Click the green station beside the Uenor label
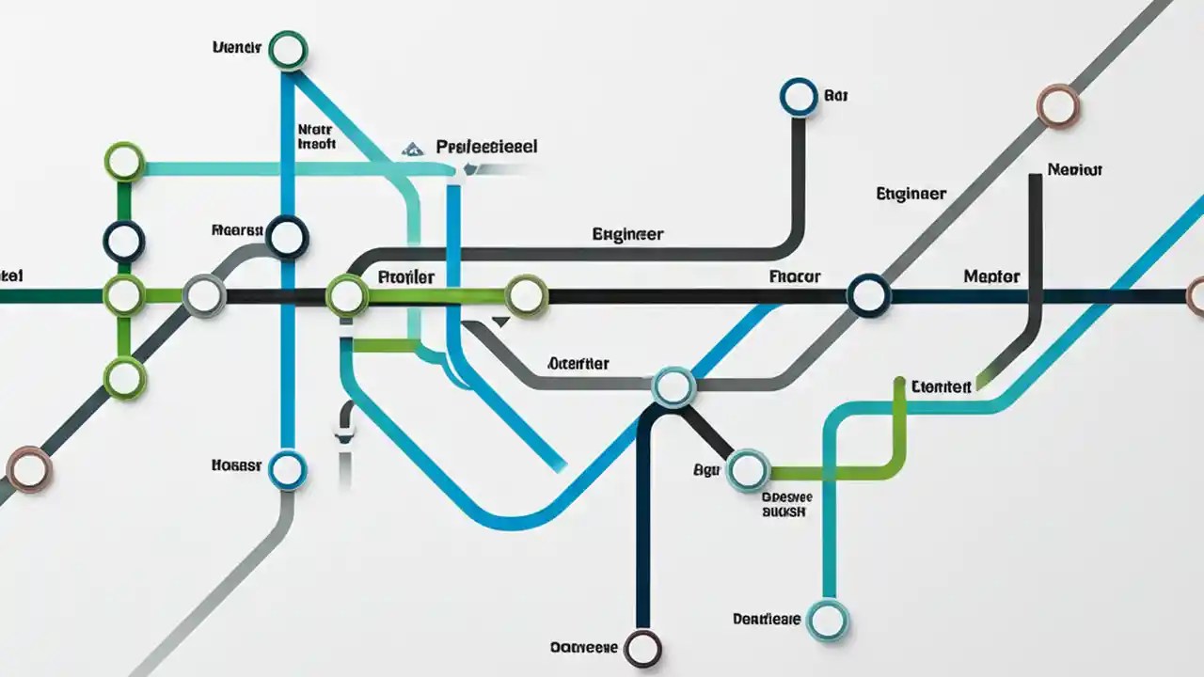(288, 50)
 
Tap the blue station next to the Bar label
(799, 96)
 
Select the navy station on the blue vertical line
(288, 237)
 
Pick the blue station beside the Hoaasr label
(287, 469)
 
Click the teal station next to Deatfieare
(828, 621)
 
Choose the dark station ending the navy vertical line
(643, 648)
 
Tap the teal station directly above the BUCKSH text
(749, 469)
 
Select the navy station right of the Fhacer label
(868, 296)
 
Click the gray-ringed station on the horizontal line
(203, 296)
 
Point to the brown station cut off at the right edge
(1196, 296)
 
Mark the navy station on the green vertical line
(124, 242)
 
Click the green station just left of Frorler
(347, 296)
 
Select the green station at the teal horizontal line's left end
(124, 162)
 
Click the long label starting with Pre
(487, 148)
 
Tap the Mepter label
(991, 277)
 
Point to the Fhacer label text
(795, 277)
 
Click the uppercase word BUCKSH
(783, 512)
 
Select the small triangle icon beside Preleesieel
(411, 149)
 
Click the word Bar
(836, 95)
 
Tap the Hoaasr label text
(236, 464)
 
